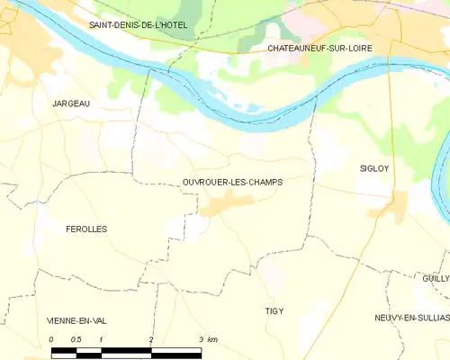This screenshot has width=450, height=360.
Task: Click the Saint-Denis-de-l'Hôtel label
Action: (x=138, y=25)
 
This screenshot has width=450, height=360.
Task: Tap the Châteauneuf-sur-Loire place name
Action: (x=319, y=47)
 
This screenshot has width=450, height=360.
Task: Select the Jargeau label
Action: (x=71, y=104)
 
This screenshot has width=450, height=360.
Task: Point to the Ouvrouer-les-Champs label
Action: (x=232, y=182)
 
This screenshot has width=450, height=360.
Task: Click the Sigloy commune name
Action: (x=373, y=168)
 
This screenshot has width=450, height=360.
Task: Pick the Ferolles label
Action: (x=86, y=229)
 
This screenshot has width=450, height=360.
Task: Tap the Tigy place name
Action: (x=274, y=310)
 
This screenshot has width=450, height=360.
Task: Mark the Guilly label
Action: (x=435, y=279)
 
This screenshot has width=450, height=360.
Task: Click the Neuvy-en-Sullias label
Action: (x=411, y=319)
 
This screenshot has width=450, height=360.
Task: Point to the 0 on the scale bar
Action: (x=52, y=339)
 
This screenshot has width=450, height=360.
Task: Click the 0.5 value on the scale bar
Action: (x=76, y=339)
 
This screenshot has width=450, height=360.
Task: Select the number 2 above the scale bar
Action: (x=151, y=339)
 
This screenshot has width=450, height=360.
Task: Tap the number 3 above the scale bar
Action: (x=200, y=339)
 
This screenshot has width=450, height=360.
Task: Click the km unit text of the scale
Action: (x=212, y=339)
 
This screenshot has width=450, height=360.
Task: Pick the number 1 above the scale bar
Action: (x=102, y=339)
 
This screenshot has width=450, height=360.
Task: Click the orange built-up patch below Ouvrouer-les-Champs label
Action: (x=221, y=207)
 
